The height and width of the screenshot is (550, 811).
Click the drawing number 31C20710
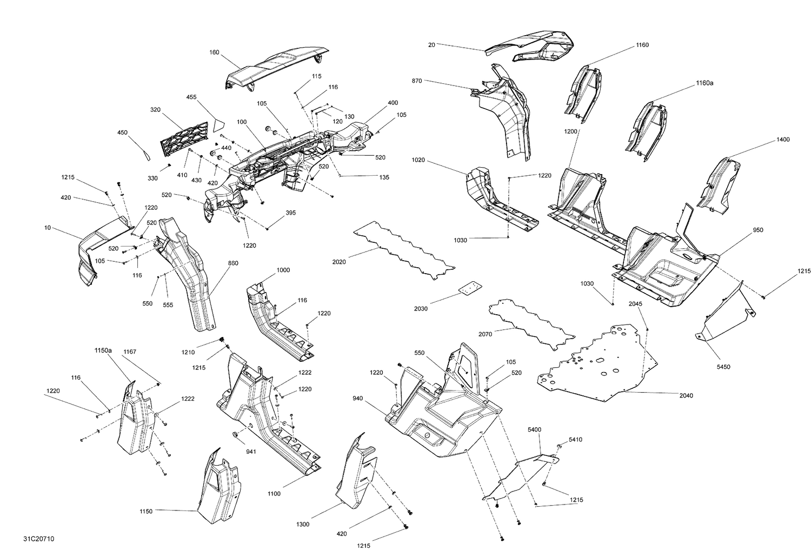(38, 539)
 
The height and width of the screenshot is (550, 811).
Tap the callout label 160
(214, 52)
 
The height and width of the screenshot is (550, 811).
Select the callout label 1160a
(704, 83)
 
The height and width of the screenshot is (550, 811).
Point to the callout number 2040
(686, 396)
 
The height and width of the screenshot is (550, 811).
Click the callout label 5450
(723, 367)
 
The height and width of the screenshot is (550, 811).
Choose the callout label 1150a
(103, 350)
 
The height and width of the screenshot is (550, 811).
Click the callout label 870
(416, 81)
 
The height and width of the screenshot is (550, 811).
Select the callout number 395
(290, 213)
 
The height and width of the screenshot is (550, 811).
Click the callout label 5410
(576, 440)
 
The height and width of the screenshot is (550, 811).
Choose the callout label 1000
(283, 270)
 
